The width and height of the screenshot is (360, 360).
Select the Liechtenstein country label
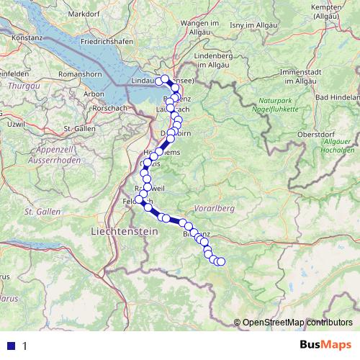point(125,231)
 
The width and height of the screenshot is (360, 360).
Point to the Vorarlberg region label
point(215,207)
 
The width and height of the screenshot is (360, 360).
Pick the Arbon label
point(95,94)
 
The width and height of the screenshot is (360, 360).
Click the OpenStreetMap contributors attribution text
point(297,323)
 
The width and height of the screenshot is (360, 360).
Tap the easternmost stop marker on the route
point(221,261)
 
